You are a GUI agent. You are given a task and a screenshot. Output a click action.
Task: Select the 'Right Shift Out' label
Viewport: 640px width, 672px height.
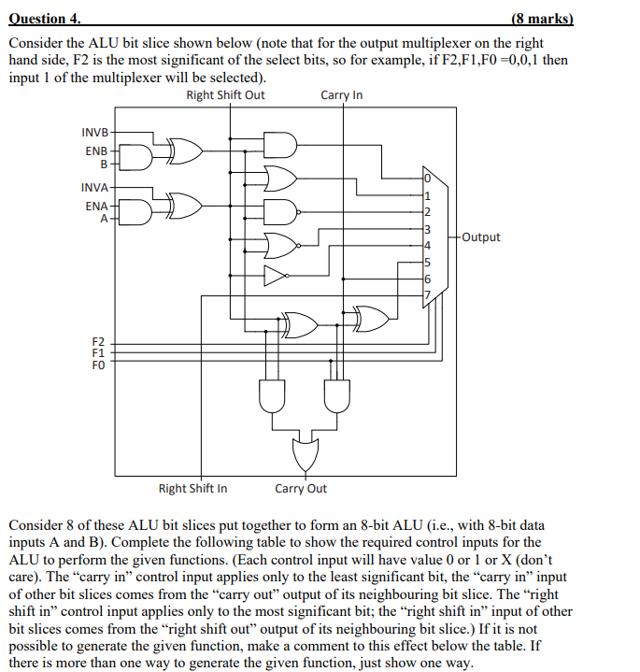(225, 95)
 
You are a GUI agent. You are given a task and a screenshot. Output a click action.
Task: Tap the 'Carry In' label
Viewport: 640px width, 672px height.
(341, 95)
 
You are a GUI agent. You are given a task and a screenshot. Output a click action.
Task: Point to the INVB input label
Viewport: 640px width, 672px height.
(95, 132)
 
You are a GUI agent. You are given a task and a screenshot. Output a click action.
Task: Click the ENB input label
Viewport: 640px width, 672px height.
(97, 150)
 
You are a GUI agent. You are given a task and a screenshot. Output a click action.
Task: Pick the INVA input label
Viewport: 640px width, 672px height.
(95, 187)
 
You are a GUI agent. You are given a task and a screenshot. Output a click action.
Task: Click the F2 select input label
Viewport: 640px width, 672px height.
(99, 342)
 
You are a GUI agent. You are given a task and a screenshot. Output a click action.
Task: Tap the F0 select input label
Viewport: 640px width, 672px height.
(99, 365)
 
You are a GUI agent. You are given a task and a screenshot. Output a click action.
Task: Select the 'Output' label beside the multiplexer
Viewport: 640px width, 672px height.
(480, 237)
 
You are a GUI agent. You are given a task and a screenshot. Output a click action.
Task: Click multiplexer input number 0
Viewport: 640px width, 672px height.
(427, 179)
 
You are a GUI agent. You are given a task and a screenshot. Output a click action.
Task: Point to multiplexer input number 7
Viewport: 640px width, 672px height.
(427, 295)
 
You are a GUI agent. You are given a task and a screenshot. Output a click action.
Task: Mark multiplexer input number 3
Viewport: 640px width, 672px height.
(427, 229)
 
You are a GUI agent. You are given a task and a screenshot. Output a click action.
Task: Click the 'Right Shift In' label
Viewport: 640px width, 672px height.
(192, 488)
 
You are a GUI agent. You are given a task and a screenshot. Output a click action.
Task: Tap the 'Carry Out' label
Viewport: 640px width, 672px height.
(301, 488)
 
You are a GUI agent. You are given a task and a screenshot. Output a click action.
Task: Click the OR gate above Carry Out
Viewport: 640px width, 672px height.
(305, 453)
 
